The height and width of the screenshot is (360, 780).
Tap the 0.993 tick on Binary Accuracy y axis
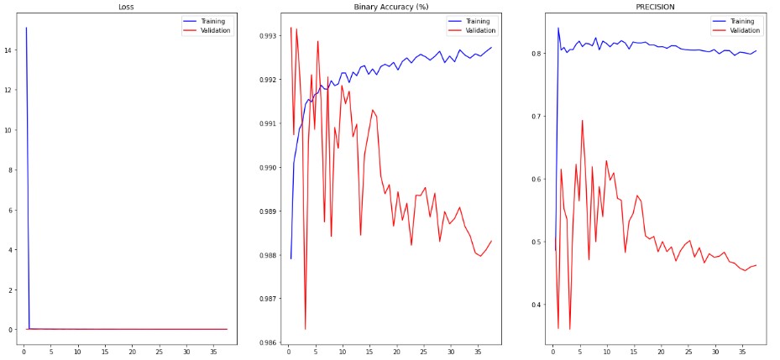coord(269,36)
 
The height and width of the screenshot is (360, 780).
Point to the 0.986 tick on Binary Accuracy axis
coord(269,342)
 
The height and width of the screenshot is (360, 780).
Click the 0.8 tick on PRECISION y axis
coord(537,54)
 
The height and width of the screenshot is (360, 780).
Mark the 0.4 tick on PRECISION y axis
coord(537,305)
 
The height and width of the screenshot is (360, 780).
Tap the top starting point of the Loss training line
coord(26,29)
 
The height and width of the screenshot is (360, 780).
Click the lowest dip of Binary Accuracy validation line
coord(305,329)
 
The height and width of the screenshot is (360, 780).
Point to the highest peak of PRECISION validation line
coord(582,120)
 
